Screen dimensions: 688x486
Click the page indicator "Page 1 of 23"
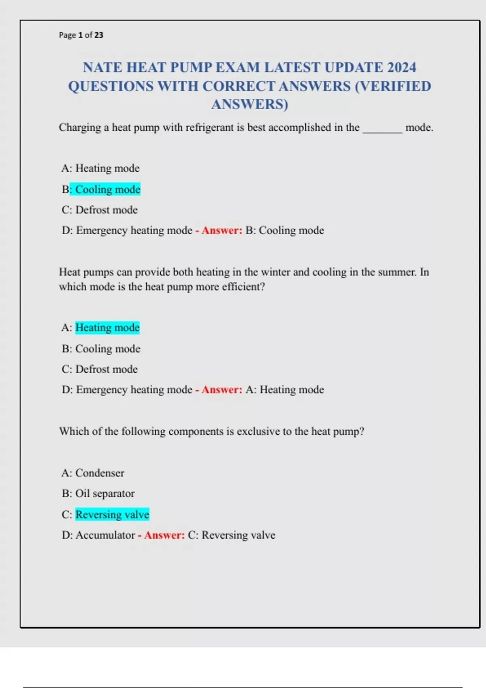click(x=81, y=35)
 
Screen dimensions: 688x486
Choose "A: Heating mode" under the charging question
click(x=100, y=168)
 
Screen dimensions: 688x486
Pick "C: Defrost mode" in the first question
click(x=100, y=210)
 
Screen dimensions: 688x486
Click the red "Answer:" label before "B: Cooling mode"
click(x=222, y=231)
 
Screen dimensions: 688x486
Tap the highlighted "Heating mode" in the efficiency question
click(x=107, y=327)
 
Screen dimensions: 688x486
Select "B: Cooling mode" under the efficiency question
click(x=101, y=349)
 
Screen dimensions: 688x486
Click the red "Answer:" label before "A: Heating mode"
click(x=222, y=390)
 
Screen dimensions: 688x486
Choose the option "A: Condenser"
click(x=93, y=473)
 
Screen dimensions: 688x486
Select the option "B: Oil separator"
click(x=98, y=494)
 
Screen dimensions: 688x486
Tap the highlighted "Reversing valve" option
click(x=112, y=515)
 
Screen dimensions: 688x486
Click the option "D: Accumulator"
click(x=98, y=535)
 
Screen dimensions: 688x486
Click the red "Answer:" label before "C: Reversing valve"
click(x=164, y=535)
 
